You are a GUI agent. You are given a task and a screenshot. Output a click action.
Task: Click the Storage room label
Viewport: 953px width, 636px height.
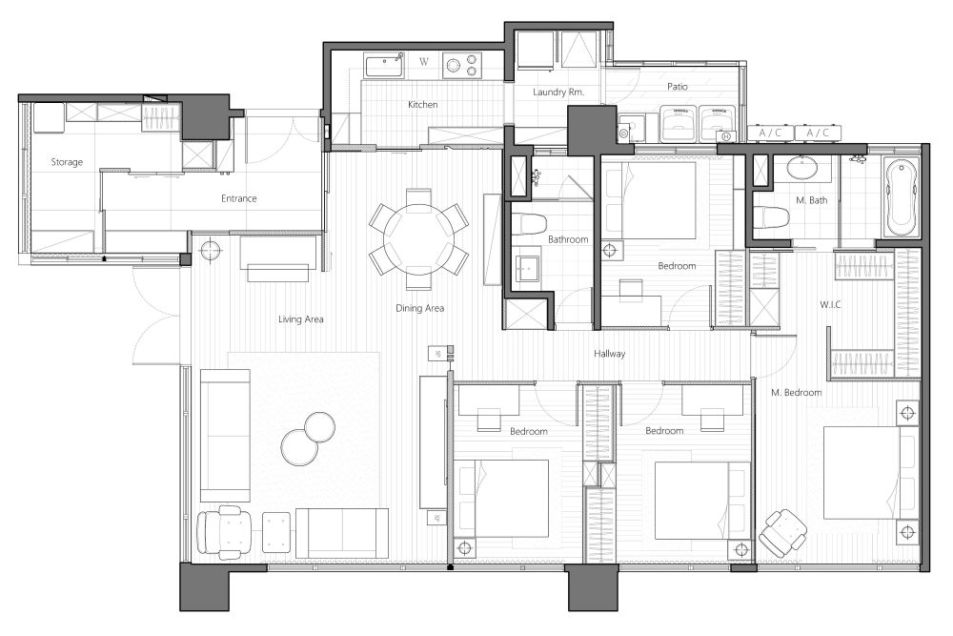(x=67, y=162)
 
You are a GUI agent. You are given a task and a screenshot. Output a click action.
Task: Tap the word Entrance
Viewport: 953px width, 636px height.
(x=239, y=198)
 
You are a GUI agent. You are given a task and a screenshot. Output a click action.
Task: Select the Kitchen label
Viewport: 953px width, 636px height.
(x=422, y=105)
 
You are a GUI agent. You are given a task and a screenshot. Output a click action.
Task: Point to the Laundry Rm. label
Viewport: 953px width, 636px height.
(x=558, y=92)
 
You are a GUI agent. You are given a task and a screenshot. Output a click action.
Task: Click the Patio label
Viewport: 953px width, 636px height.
(x=677, y=87)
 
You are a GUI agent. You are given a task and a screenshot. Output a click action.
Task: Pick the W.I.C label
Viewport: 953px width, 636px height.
(x=830, y=304)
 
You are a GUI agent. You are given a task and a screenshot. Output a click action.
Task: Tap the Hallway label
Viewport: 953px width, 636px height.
(x=610, y=353)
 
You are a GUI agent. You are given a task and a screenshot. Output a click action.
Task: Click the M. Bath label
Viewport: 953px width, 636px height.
(x=811, y=200)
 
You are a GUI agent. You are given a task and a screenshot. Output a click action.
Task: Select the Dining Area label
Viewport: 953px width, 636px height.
(x=420, y=308)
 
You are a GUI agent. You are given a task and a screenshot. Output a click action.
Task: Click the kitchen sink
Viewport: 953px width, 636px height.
(x=384, y=65)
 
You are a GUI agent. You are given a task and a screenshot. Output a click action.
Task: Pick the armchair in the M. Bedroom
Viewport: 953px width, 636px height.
(x=782, y=532)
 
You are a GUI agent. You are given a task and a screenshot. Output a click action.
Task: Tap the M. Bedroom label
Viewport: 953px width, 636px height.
(x=796, y=393)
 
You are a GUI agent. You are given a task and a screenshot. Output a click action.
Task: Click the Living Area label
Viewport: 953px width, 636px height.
(x=301, y=319)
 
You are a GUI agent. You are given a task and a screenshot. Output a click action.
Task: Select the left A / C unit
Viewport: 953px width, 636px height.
(x=770, y=133)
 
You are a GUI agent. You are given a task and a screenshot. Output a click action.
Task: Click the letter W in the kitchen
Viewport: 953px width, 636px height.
(x=424, y=61)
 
